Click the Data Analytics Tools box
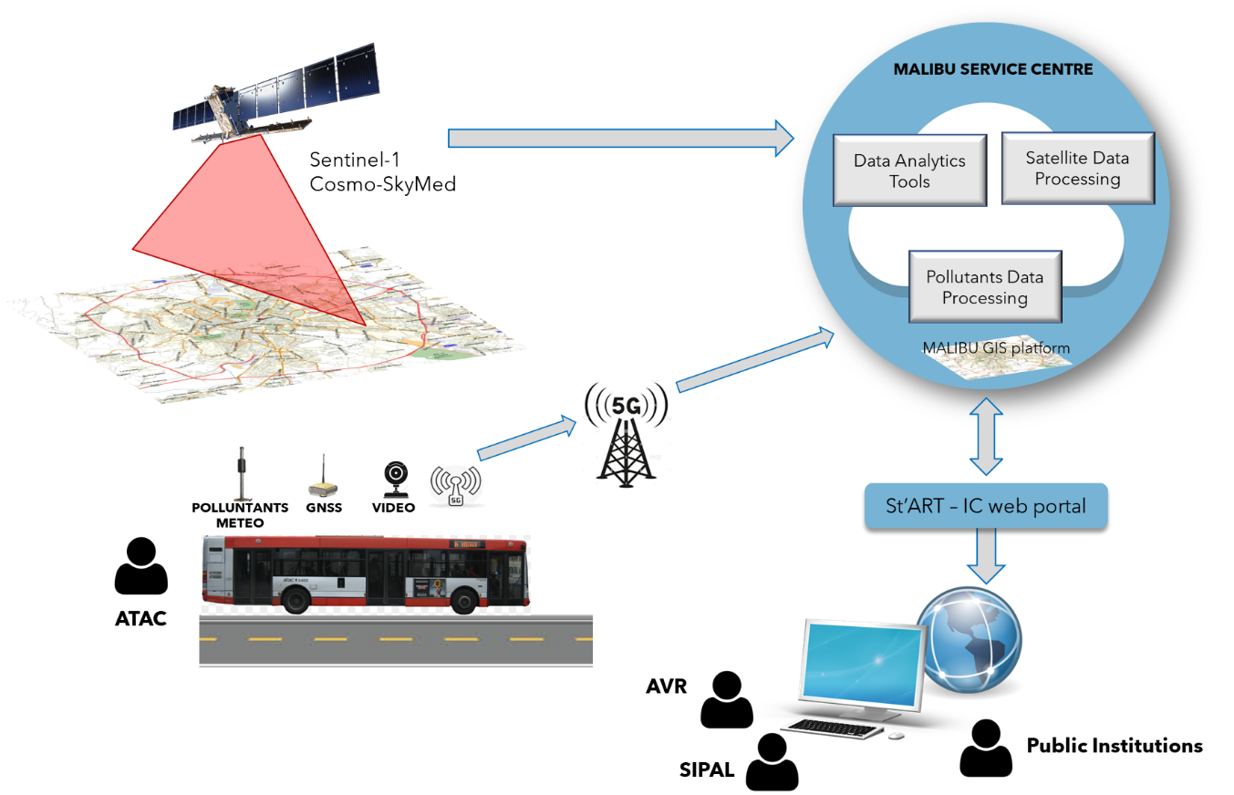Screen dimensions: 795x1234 click(909, 170)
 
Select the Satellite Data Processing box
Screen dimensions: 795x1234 click(1077, 169)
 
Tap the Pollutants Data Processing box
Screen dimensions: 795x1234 click(985, 287)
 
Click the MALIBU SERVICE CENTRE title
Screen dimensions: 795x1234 click(993, 69)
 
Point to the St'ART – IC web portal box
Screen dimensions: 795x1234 click(986, 505)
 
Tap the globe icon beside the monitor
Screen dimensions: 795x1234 click(970, 638)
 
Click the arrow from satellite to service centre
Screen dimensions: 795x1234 click(620, 138)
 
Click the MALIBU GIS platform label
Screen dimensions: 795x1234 click(996, 348)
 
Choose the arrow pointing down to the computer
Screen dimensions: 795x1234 click(986, 555)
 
